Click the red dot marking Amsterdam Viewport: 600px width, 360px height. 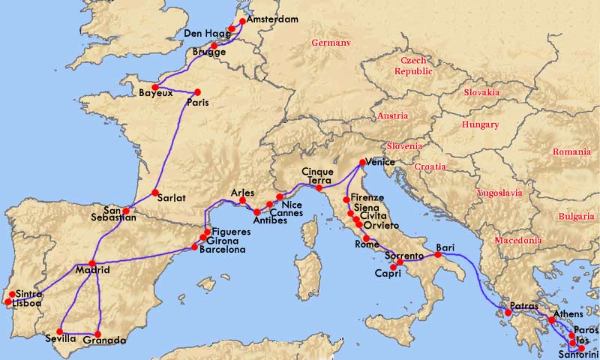click(241, 21)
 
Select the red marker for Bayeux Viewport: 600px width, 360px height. click(154, 87)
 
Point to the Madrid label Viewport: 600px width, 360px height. click(92, 270)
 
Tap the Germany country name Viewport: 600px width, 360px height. click(331, 43)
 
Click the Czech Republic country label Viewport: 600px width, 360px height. click(415, 65)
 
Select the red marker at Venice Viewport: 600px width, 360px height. click(361, 162)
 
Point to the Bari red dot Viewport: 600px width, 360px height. click(438, 255)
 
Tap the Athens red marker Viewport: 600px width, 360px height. click(552, 321)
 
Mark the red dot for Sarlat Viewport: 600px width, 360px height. click(155, 193)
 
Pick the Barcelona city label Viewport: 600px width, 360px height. click(223, 250)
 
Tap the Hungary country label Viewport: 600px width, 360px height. click(480, 124)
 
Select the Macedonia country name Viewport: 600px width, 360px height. click(517, 241)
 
